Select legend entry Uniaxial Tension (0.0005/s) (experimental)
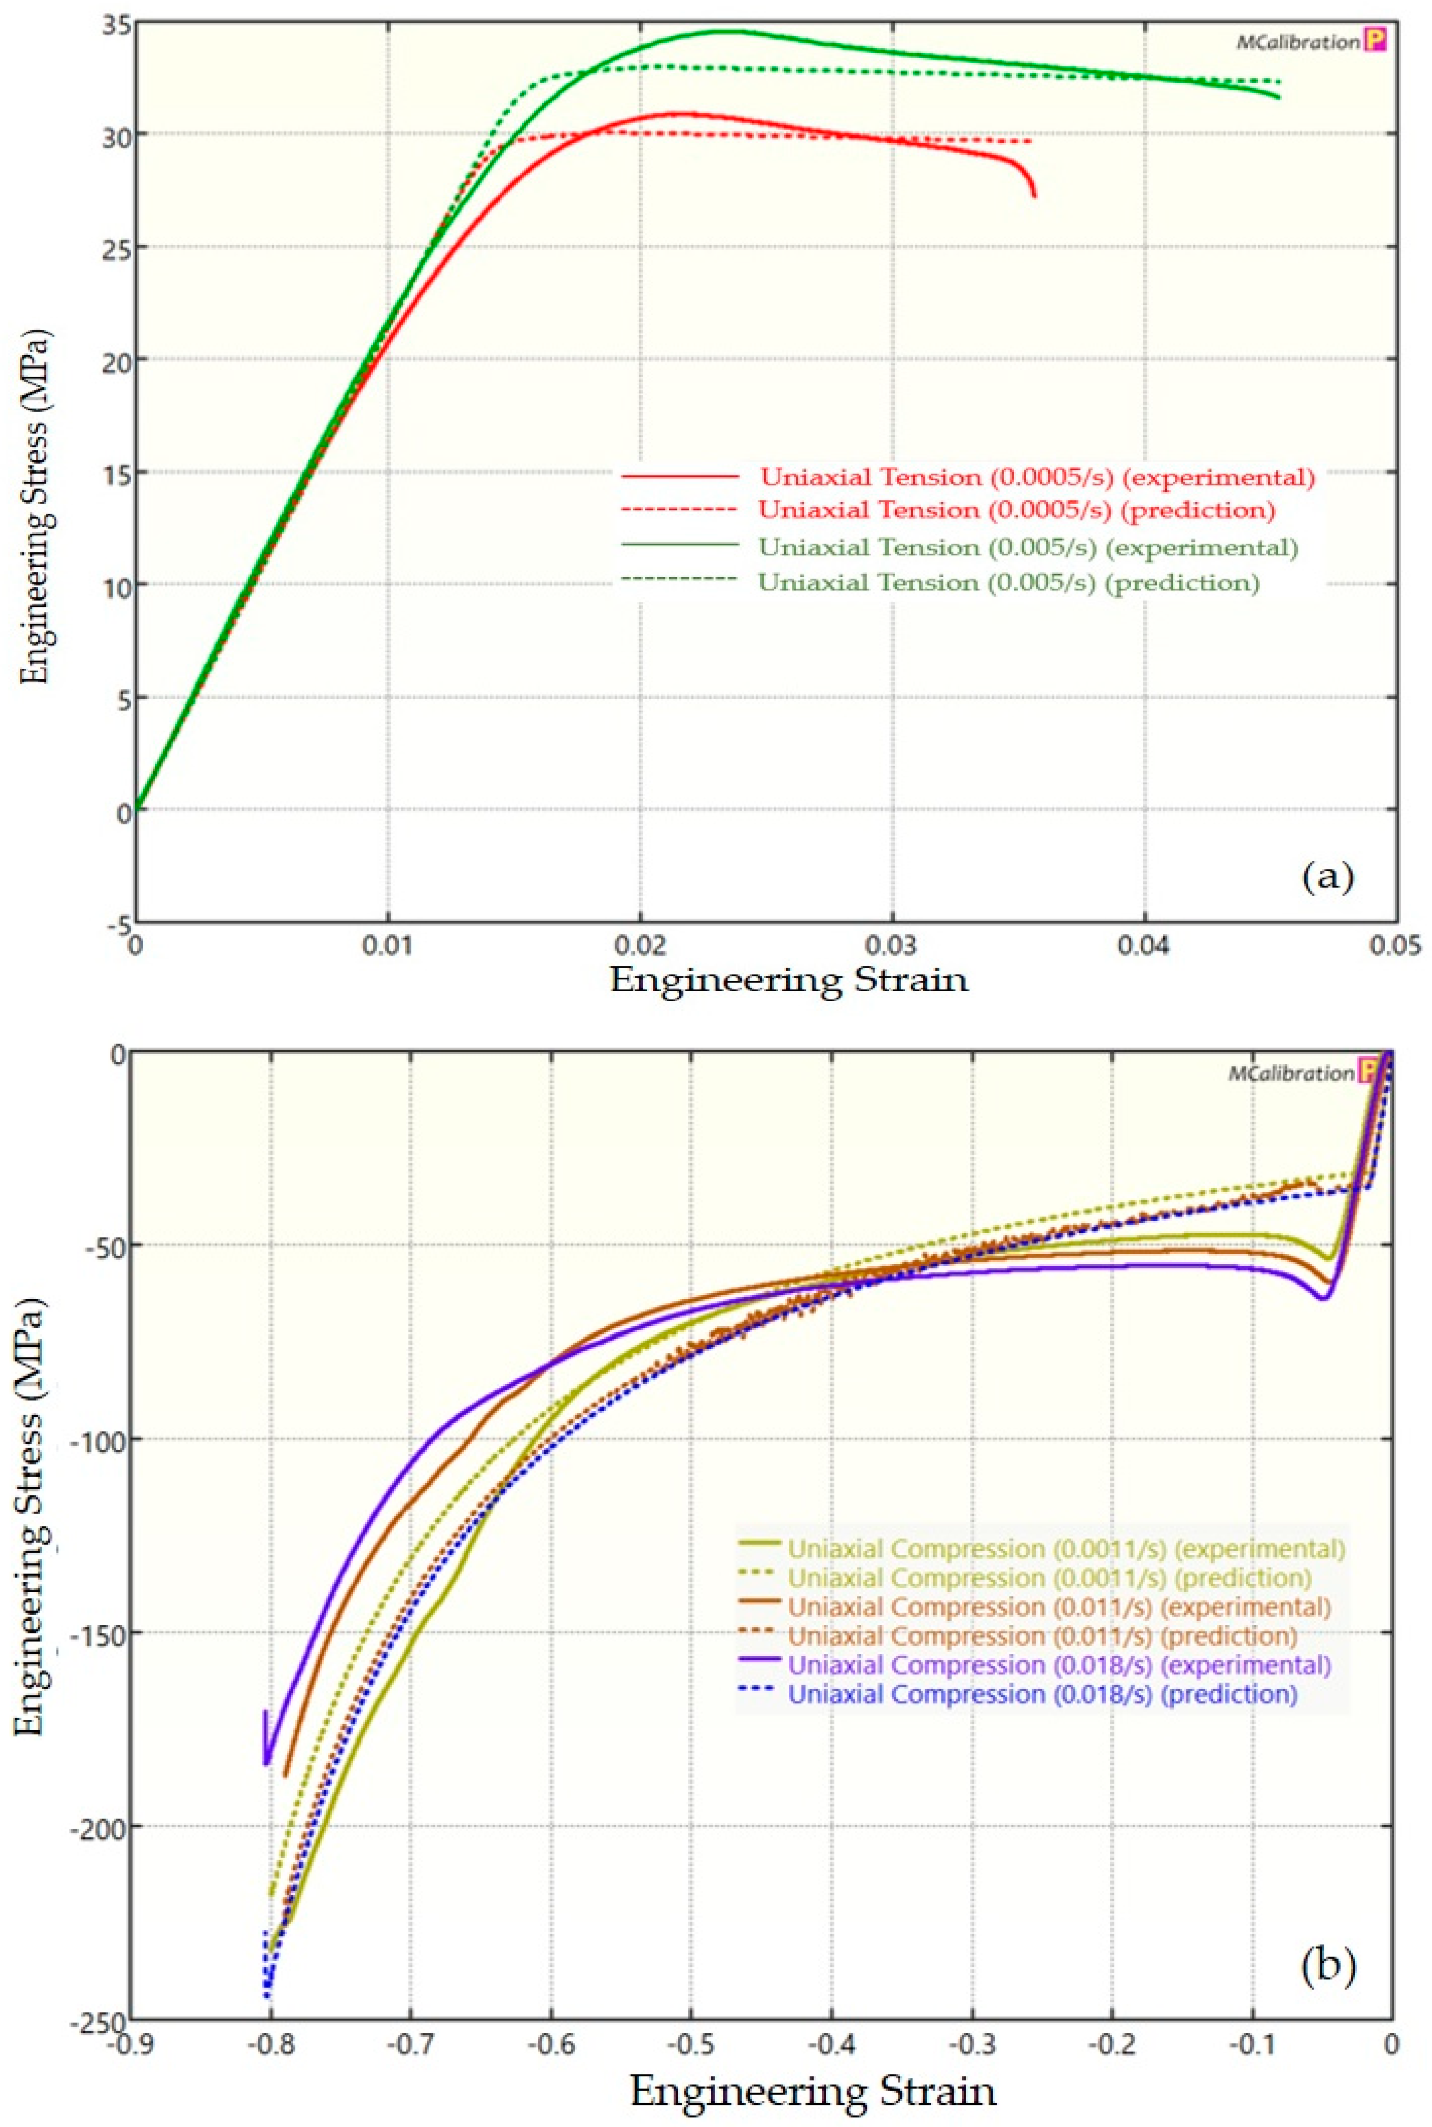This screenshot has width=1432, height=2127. pyautogui.click(x=1037, y=477)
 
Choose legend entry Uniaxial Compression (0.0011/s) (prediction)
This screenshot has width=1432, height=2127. pyautogui.click(x=1048, y=1577)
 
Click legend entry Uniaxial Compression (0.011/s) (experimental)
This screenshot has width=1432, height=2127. pyautogui.click(x=1058, y=1607)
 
